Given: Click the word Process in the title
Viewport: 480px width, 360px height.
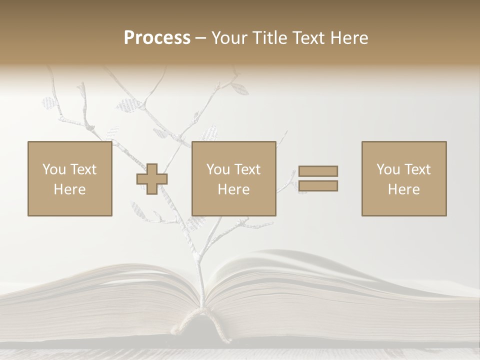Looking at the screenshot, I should [157, 38].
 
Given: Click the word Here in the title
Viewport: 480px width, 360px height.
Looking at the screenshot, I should [350, 38].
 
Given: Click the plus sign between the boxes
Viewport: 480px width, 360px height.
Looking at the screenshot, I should [152, 179].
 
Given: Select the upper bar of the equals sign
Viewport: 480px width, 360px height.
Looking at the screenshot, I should [318, 171].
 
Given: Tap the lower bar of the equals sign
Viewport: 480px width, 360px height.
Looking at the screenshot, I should [318, 186].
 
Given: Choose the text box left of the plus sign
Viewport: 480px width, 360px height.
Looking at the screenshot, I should [69, 179].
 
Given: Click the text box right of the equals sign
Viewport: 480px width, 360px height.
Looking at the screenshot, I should [403, 179].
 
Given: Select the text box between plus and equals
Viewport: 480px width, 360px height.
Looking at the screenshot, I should [233, 179].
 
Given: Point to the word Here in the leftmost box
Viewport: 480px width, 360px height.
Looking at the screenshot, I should [69, 189].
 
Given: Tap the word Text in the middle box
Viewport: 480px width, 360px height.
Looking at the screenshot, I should [247, 169].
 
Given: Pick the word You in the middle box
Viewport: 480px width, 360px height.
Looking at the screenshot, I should [218, 169].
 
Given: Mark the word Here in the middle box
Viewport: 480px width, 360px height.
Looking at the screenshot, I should [233, 189].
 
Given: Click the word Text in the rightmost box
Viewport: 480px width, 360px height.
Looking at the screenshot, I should [417, 169].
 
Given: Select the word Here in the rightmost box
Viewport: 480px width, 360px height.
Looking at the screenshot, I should [403, 189].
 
